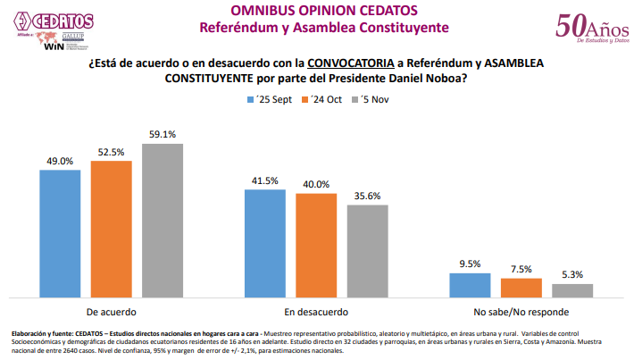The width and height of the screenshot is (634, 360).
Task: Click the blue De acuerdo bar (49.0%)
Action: pyautogui.click(x=60, y=233)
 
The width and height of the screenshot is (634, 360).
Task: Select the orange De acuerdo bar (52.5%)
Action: pyautogui.click(x=111, y=229)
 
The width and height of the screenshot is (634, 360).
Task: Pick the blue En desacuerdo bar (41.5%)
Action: pyautogui.click(x=265, y=243)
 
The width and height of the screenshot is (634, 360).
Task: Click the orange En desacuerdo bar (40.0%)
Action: pyautogui.click(x=316, y=245)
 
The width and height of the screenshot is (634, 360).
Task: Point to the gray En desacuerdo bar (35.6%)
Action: pyautogui.click(x=367, y=251)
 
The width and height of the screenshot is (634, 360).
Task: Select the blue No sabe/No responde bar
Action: pyautogui.click(x=470, y=285)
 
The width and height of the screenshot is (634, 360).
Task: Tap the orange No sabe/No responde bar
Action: pyautogui.click(x=521, y=288)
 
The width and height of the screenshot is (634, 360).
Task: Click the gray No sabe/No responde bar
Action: pyautogui.click(x=571, y=290)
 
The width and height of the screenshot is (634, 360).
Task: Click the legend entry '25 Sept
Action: pyautogui.click(x=274, y=100)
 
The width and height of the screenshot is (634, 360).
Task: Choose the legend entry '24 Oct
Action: pyautogui.click(x=329, y=100)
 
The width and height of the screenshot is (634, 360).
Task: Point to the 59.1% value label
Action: pyautogui.click(x=162, y=135)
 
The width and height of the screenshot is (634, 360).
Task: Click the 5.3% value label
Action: pyautogui.click(x=571, y=275)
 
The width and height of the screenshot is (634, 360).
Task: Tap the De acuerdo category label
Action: pyautogui.click(x=111, y=312)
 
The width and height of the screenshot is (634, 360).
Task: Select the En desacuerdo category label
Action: pyautogui.click(x=316, y=312)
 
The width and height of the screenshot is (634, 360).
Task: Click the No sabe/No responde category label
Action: pyautogui.click(x=521, y=312)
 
